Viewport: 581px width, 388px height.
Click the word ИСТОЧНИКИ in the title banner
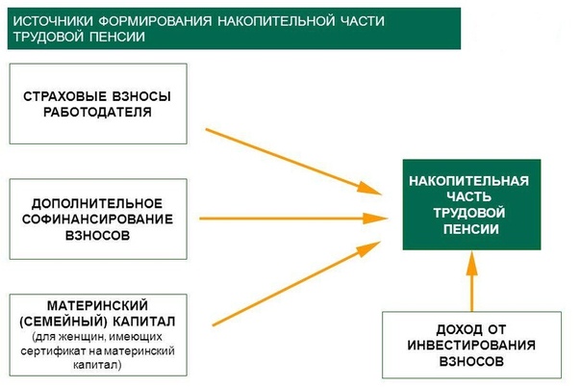click(53, 21)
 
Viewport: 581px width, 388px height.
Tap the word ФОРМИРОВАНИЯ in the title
click(156, 21)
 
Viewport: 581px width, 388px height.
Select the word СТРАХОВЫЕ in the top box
click(63, 96)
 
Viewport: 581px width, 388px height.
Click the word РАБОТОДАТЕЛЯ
click(97, 112)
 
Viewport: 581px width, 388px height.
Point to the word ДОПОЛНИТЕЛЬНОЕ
click(97, 204)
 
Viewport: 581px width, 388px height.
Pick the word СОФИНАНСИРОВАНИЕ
click(97, 220)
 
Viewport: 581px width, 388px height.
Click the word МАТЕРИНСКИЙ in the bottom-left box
click(97, 305)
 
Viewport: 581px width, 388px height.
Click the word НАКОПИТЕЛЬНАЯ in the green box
click(468, 181)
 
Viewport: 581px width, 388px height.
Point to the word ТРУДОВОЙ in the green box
click(469, 213)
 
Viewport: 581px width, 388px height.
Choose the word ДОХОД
click(455, 329)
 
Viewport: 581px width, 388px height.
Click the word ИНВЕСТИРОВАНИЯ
click(471, 346)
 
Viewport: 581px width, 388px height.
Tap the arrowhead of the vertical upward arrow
click(471, 263)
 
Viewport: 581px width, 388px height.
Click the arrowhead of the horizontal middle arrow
click(375, 219)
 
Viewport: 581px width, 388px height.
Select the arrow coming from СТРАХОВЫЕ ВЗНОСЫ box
click(293, 162)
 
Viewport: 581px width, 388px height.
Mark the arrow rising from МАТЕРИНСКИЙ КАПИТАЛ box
click(296, 283)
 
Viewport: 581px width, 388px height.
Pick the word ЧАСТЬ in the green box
click(469, 197)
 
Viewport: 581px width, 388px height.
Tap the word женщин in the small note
click(74, 337)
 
